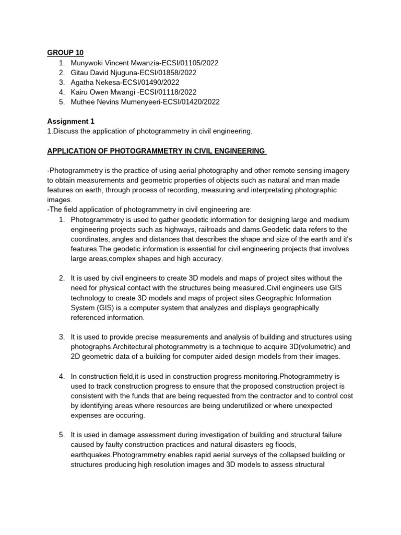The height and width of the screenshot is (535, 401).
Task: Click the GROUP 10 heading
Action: tap(65, 53)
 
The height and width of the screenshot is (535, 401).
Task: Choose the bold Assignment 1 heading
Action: tap(70, 121)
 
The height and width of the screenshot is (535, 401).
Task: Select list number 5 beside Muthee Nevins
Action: tap(62, 102)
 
